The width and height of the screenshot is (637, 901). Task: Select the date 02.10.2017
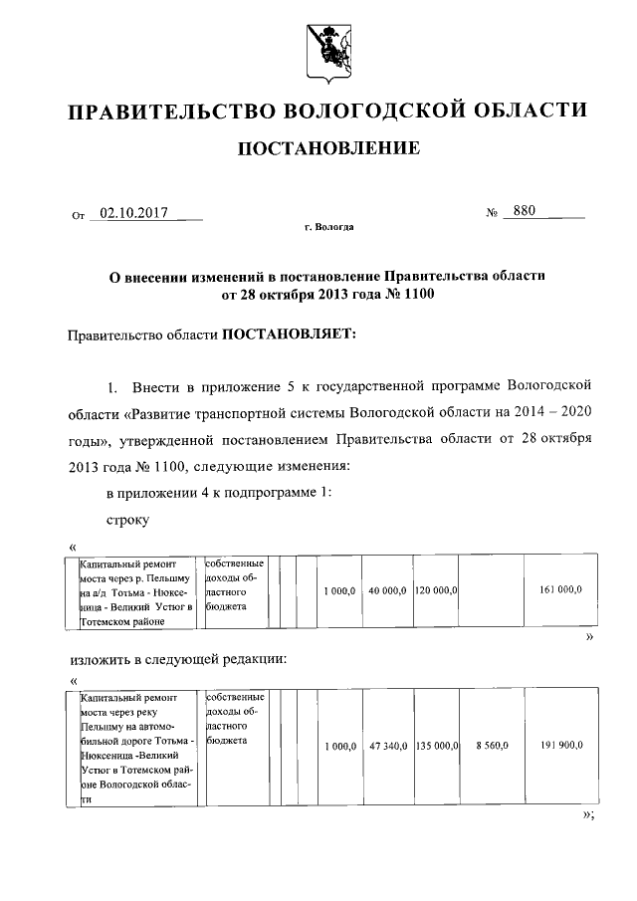[130, 213]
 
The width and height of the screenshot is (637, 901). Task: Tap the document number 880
[519, 212]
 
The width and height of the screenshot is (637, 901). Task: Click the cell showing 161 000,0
[561, 590]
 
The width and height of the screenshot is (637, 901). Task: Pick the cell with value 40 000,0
[386, 590]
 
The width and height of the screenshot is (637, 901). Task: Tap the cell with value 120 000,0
[435, 590]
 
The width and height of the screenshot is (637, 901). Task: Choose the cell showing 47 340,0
[386, 745]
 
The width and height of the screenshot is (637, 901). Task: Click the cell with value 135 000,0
[435, 745]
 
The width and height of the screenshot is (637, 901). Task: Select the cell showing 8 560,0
[491, 745]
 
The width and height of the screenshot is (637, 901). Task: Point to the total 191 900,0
[561, 745]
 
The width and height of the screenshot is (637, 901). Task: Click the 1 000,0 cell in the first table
[339, 590]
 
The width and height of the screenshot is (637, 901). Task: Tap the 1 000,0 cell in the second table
[339, 745]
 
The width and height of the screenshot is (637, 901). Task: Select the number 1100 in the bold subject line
[416, 295]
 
